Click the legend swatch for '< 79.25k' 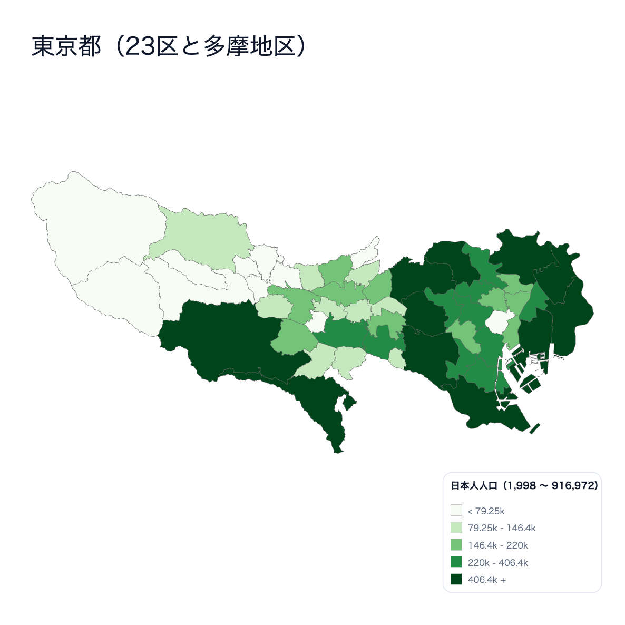pos(456,511)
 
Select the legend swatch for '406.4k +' pos(456,579)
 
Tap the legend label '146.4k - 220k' pos(497,545)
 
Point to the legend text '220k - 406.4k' pos(497,562)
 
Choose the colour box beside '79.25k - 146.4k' pos(456,528)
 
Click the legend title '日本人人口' pos(474,485)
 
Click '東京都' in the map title pos(66,46)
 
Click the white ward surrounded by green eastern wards pos(496,321)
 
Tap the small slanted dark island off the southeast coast pos(535,428)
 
